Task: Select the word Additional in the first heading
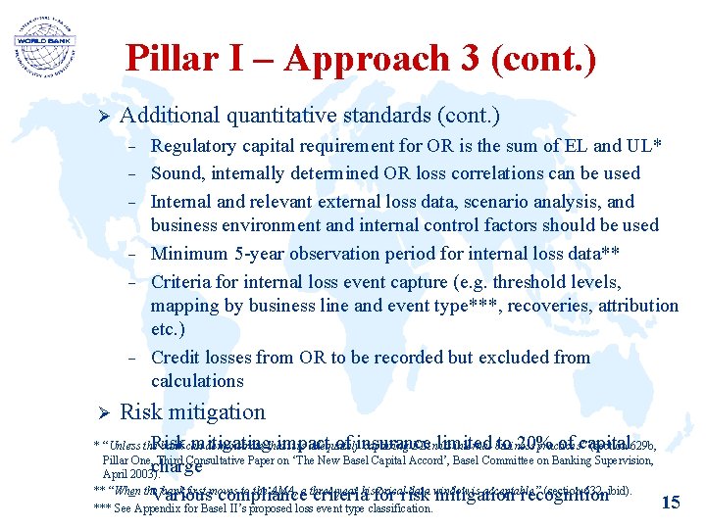tap(169, 116)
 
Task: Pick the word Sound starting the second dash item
tap(176, 173)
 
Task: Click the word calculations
tap(197, 381)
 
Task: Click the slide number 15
tap(671, 503)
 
